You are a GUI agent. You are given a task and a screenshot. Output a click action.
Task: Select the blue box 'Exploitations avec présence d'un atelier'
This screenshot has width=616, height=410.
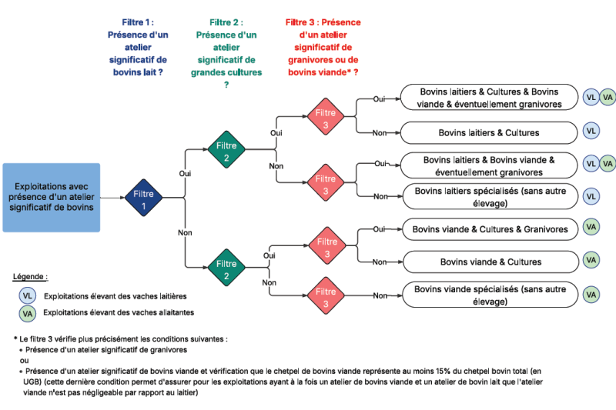pos(52,198)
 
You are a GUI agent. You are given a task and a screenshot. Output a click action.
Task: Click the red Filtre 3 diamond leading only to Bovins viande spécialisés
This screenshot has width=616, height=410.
pos(326,295)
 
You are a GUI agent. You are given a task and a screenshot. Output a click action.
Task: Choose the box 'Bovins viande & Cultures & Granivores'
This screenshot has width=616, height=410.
pos(490,228)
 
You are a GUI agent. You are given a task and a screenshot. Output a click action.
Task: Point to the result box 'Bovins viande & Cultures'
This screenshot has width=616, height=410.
pos(490,262)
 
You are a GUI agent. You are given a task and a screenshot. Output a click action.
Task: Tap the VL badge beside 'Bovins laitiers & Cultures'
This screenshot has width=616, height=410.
pos(591,132)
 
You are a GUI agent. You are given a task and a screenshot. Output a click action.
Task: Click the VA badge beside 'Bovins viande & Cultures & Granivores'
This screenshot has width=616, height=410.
pos(591,228)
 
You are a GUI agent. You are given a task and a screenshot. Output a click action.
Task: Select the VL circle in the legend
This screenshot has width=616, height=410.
pos(28,295)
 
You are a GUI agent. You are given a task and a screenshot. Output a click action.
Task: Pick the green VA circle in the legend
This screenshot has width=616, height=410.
pos(28,313)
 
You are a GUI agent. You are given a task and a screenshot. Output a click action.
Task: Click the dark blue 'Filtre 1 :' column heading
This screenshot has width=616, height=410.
pos(139,22)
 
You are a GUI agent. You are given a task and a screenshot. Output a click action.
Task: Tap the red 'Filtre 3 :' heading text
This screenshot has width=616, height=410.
pos(323,22)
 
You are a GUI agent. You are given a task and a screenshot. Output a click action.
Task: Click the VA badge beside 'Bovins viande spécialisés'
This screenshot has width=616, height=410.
pos(591,295)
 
